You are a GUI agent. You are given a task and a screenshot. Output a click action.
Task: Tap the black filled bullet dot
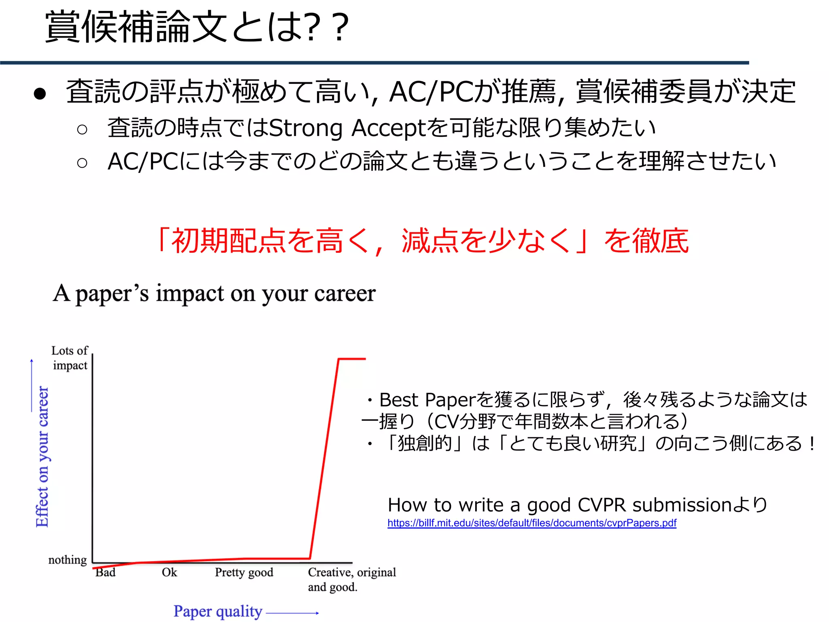(x=40, y=94)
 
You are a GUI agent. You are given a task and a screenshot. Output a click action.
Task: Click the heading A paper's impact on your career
(x=214, y=294)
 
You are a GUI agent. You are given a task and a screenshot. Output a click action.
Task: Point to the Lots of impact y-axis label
(x=70, y=358)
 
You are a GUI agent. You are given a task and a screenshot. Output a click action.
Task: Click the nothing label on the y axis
(x=68, y=560)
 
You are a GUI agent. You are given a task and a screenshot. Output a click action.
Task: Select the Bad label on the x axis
(x=105, y=572)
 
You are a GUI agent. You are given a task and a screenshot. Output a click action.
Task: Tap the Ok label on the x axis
(x=169, y=572)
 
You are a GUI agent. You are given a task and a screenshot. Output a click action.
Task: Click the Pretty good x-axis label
(x=244, y=572)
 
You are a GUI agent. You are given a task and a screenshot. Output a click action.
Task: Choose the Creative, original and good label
(x=351, y=579)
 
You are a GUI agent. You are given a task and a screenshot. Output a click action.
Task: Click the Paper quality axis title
(x=218, y=611)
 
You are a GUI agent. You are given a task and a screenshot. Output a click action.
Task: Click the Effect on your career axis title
(x=43, y=456)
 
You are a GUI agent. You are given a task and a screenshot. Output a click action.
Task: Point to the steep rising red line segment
(x=324, y=458)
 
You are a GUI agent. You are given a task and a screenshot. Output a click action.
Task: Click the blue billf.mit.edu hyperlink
(x=531, y=523)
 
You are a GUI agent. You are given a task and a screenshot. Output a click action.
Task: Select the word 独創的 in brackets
(x=424, y=443)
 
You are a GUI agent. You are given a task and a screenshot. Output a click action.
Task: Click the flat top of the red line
(x=352, y=359)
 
